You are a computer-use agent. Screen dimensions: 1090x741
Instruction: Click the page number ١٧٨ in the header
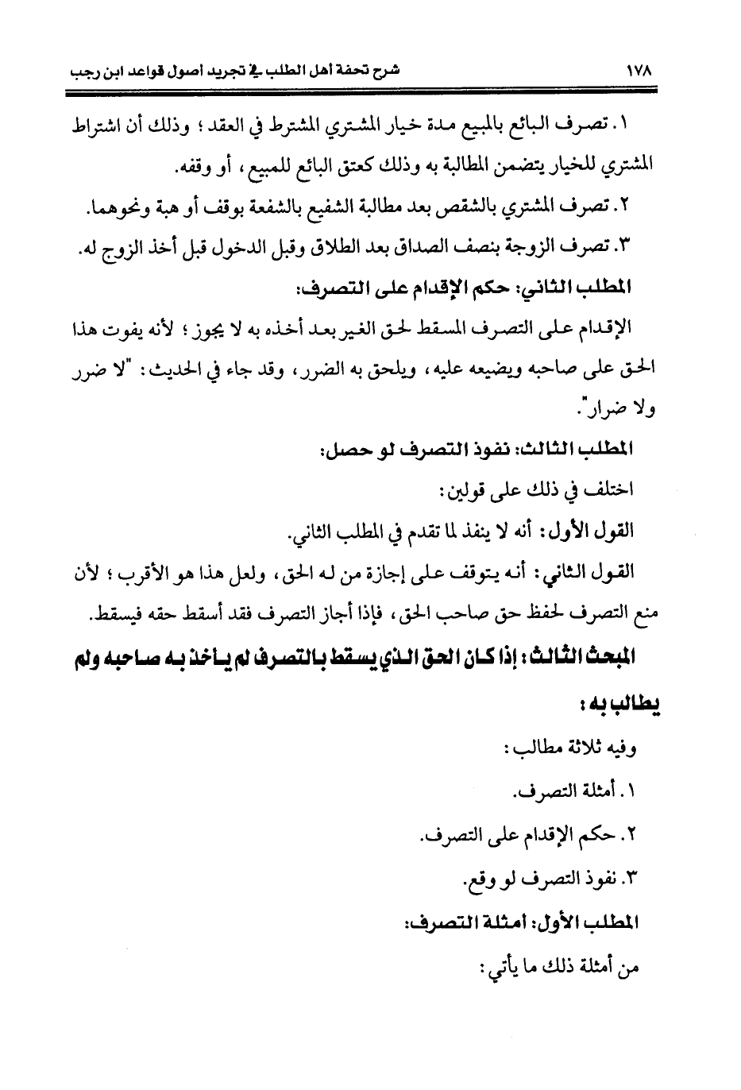[x=638, y=69]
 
